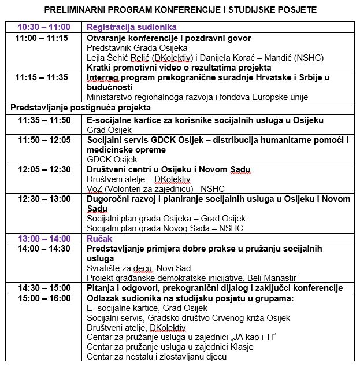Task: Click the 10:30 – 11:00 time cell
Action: (44, 27)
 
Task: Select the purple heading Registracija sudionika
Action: (131, 27)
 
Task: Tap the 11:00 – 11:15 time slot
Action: (42, 38)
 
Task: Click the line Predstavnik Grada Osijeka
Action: (137, 48)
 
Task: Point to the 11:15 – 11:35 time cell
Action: (42, 77)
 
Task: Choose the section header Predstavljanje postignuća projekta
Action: (81, 108)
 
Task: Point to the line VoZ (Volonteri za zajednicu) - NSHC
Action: (155, 189)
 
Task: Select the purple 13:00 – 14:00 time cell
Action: (44, 238)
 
